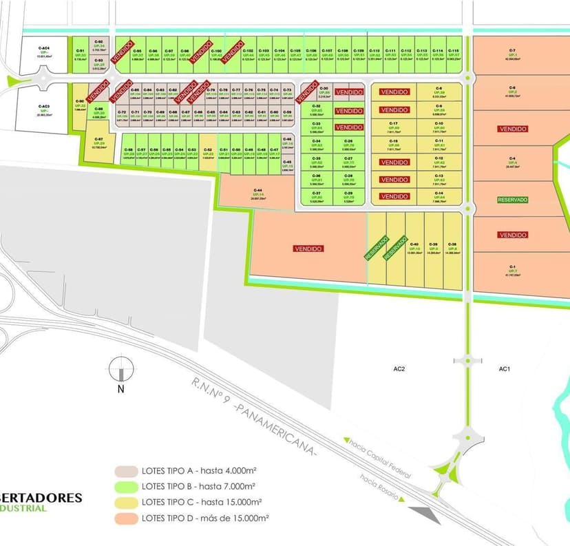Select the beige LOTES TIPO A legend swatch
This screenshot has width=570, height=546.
(126, 472)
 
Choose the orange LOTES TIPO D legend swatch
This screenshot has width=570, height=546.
(126, 518)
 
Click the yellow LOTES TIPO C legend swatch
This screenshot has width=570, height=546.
(126, 503)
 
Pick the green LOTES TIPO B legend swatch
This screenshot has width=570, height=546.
(126, 487)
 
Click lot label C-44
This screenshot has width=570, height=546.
(258, 191)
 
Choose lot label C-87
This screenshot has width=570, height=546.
(98, 139)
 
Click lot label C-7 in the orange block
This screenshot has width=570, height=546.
(512, 50)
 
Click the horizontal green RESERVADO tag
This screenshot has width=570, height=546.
(512, 200)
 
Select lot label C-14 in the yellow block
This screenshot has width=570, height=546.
(439, 193)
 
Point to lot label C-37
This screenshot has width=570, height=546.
(316, 193)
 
